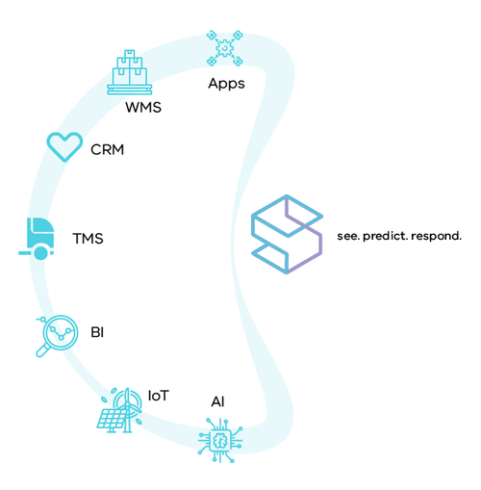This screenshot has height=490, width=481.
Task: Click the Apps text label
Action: (x=226, y=83)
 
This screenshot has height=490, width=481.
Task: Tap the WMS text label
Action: (x=142, y=107)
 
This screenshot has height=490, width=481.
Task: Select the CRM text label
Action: (x=107, y=149)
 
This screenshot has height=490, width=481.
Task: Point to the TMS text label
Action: (x=88, y=238)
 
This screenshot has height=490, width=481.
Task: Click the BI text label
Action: (x=97, y=332)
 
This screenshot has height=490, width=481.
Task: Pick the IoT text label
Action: (x=159, y=395)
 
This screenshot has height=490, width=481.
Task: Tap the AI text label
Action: (x=218, y=400)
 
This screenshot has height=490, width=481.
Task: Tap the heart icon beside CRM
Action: (x=64, y=146)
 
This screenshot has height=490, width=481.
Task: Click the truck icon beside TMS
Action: (x=38, y=237)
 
